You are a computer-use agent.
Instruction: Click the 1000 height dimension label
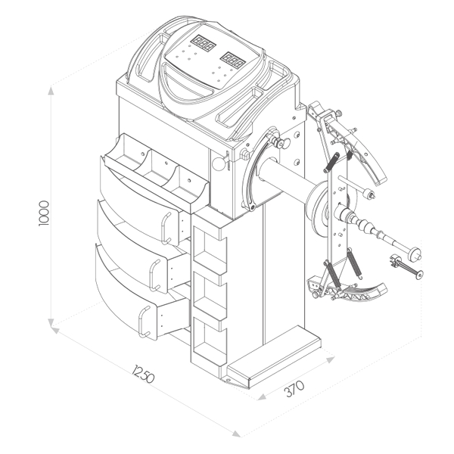coord(43,214)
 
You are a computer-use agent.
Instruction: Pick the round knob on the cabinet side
coord(218,162)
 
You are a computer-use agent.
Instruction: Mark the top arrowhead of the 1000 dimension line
coord(51,89)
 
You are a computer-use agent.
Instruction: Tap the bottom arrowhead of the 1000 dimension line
coord(51,326)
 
